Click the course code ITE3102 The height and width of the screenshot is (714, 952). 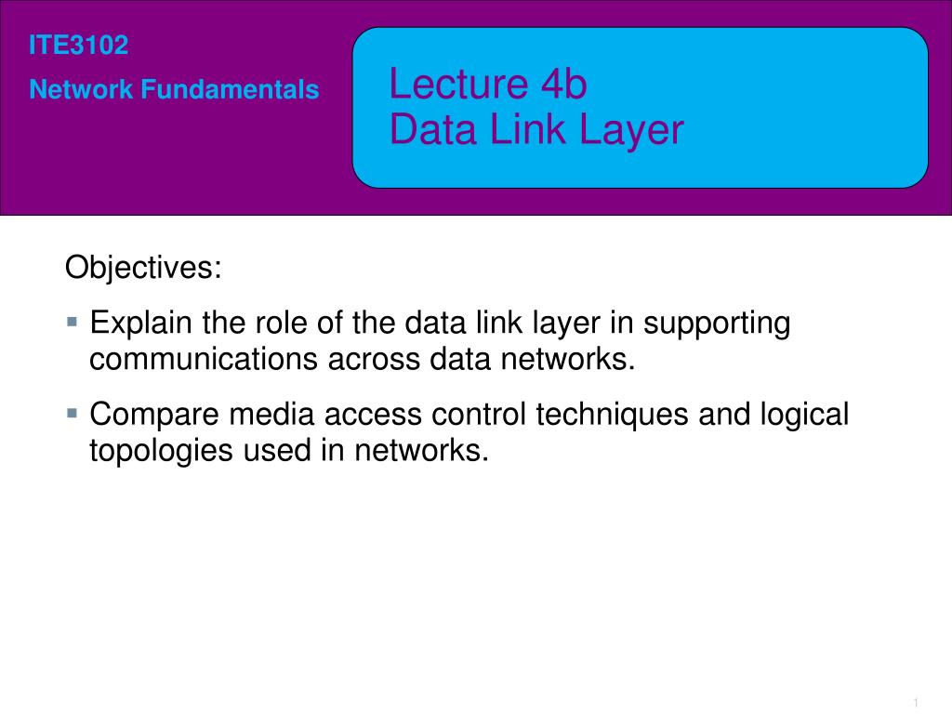(78, 46)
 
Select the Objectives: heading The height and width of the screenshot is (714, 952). (143, 269)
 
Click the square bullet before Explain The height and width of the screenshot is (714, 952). (73, 320)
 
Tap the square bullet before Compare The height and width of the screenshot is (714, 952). (73, 410)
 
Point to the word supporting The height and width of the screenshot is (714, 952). (717, 324)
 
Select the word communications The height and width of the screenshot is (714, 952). (204, 359)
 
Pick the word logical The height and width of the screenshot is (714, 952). (802, 415)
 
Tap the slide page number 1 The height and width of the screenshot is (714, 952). (916, 701)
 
